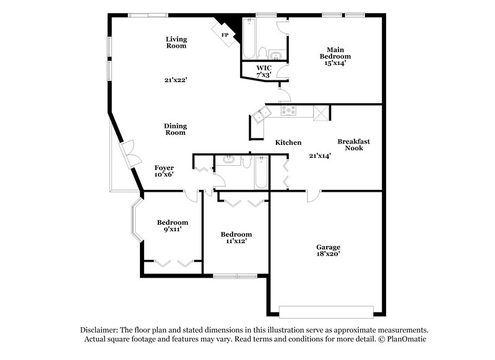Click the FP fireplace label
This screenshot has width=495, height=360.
tap(225, 35)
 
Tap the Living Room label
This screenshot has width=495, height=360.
tap(176, 43)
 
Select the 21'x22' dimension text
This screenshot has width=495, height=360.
tap(176, 80)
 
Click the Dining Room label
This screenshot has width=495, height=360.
tap(175, 129)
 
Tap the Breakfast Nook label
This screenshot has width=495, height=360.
tap(353, 145)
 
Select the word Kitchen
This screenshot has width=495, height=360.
tap(288, 143)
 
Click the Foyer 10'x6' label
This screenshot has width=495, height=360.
tap(164, 171)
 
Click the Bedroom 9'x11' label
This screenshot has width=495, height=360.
tap(173, 226)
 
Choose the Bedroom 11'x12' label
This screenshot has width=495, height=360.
tap(237, 238)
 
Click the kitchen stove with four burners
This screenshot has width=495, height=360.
tap(289, 111)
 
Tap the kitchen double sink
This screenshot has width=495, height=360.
tap(259, 113)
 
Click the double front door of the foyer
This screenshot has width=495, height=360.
tap(129, 153)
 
